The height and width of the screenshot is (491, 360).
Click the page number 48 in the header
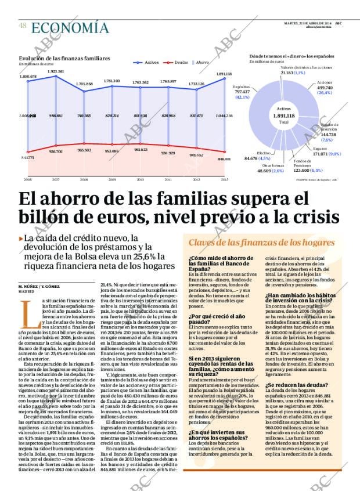(x=23, y=26)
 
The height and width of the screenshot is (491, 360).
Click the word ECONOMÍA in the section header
(x=70, y=27)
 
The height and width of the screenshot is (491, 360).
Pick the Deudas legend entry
(x=179, y=62)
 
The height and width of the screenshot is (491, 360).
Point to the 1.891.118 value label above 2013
(x=224, y=74)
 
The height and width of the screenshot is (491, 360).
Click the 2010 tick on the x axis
(x=140, y=180)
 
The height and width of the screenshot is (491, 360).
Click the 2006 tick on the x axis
(x=27, y=180)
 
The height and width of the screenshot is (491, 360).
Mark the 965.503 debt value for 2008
(x=84, y=150)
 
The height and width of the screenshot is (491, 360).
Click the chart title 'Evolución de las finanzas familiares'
(x=64, y=59)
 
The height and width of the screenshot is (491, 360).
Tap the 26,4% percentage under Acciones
(x=324, y=93)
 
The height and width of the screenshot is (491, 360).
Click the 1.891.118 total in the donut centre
(x=283, y=115)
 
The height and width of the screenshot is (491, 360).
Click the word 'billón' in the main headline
(x=49, y=218)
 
